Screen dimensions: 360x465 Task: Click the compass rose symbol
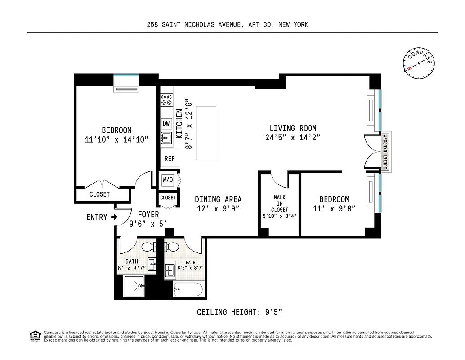tap(419, 64)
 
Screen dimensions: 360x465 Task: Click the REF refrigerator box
tap(170, 158)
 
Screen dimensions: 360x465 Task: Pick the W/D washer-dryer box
tap(168, 180)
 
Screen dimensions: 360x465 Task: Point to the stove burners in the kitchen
tap(166, 99)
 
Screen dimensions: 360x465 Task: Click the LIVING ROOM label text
tap(293, 128)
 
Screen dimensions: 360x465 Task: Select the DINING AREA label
tap(218, 199)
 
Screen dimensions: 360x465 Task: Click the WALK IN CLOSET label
tap(279, 203)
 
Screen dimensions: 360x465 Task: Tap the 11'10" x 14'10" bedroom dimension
tap(116, 139)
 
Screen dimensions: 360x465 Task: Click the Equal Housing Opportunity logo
tap(35, 335)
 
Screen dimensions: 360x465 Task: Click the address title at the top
tap(228, 25)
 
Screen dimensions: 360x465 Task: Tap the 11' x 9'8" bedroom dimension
tap(334, 208)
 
